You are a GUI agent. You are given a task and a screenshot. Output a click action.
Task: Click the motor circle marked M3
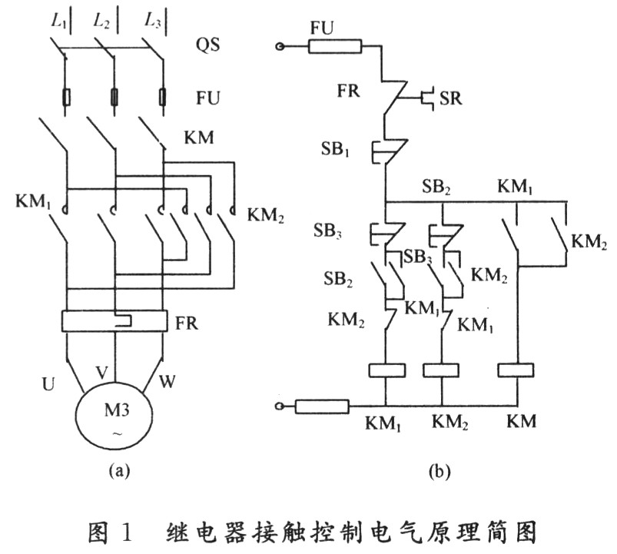click(x=116, y=418)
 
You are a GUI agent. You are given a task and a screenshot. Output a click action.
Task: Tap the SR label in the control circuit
click(x=450, y=99)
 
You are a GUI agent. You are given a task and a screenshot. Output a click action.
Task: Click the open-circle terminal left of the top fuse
click(x=281, y=48)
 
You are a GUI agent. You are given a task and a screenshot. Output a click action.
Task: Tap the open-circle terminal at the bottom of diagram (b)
click(x=281, y=405)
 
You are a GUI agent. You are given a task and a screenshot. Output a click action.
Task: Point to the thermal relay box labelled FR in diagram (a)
click(x=116, y=320)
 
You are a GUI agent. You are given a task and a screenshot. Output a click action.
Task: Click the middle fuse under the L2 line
click(x=115, y=98)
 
